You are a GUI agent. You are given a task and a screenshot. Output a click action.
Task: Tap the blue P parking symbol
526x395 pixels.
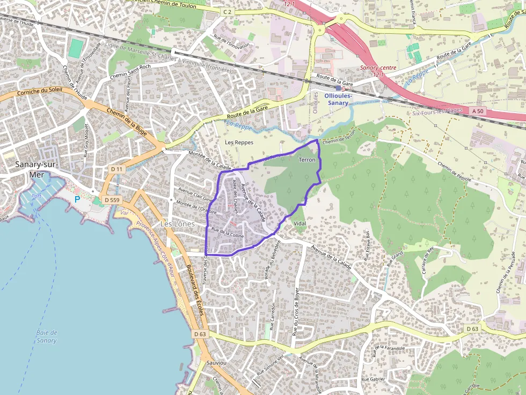(x=77, y=199)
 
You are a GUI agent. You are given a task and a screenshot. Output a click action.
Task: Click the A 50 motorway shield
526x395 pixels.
(x=478, y=110)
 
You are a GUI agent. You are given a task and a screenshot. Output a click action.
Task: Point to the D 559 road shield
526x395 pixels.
(x=112, y=200)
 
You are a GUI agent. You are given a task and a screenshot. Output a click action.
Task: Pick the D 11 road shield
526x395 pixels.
(x=116, y=169)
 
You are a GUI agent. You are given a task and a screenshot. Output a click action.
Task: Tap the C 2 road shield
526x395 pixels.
(x=228, y=11)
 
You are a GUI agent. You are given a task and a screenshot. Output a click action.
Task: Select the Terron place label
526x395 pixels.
(x=306, y=160)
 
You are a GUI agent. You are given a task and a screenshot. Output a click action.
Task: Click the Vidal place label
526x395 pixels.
(x=299, y=223)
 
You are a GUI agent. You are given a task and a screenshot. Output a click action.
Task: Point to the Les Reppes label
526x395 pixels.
(x=239, y=143)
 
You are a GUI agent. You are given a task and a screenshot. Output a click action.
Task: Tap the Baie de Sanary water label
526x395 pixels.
(x=47, y=337)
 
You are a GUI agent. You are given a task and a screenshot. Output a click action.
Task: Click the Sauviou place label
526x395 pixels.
(x=216, y=362)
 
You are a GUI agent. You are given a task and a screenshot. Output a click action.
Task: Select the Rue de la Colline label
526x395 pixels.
(x=228, y=233)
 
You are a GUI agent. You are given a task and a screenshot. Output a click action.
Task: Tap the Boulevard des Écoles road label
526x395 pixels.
(x=196, y=292)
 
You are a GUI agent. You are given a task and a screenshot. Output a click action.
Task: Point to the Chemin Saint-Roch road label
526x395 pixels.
(x=129, y=75)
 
